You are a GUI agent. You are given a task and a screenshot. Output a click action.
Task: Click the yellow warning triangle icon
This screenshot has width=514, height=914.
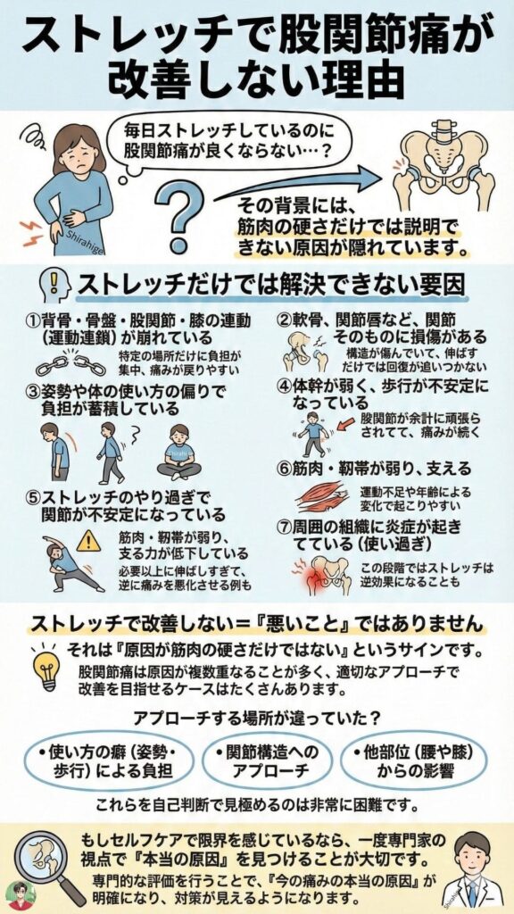[88, 539]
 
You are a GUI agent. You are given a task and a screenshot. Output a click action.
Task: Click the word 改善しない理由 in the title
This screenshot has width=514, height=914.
[257, 79]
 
